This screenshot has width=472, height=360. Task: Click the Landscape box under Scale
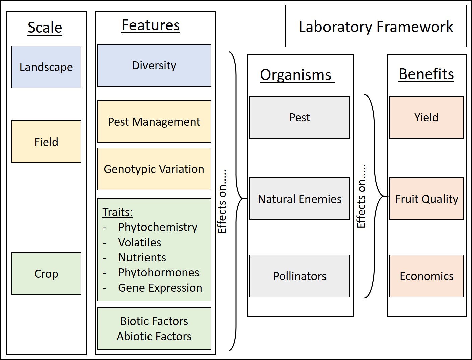pos(46,67)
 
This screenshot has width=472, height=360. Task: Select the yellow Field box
pos(46,142)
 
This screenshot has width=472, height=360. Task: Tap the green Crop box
pos(46,274)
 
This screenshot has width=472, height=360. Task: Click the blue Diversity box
pos(154,65)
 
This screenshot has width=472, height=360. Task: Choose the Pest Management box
pos(154,122)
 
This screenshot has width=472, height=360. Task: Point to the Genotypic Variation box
pos(154,169)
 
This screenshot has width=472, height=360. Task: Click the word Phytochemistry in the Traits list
pos(158,227)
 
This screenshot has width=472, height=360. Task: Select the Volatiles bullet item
pos(139,243)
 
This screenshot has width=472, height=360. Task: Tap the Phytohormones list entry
pos(159,273)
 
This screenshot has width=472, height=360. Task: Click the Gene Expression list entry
pos(160,288)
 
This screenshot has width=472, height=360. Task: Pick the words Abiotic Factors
pos(154,336)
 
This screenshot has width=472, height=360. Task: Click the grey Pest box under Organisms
pos(299,117)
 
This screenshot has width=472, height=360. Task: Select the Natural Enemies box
pos(299,199)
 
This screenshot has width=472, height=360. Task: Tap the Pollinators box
pos(299,276)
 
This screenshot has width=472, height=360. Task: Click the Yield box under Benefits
pos(426,117)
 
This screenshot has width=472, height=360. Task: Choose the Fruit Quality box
pos(426,199)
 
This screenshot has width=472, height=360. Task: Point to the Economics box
pos(426,276)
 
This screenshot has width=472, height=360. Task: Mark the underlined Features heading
pos(151,25)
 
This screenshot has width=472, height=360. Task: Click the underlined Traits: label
pos(117,212)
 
